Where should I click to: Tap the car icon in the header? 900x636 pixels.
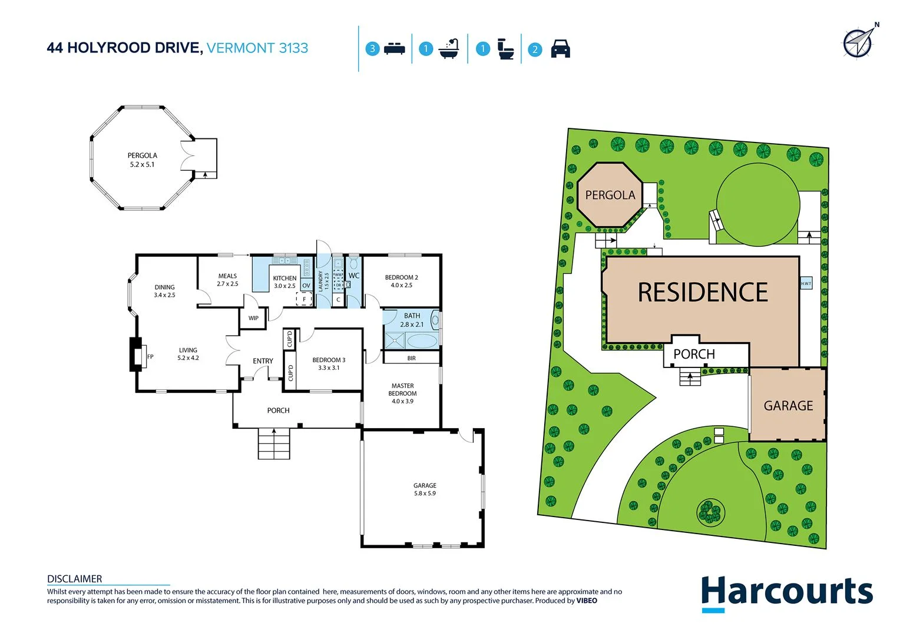click(x=560, y=49)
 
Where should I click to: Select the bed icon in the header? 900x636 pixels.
click(x=394, y=49)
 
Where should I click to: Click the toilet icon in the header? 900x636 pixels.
click(x=505, y=49)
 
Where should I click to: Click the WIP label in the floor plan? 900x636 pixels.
click(x=253, y=318)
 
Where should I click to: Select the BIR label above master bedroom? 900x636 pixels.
click(x=411, y=358)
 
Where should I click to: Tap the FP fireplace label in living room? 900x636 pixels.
click(x=150, y=357)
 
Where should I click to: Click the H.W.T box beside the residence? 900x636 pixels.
click(x=806, y=283)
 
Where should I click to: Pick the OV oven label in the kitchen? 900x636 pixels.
click(x=306, y=286)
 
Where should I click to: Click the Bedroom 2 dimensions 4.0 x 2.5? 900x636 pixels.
click(x=401, y=285)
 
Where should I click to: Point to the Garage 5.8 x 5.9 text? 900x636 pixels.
click(x=425, y=493)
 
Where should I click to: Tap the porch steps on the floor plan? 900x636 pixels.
click(x=274, y=443)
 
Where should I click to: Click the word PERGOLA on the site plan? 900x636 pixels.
click(x=610, y=195)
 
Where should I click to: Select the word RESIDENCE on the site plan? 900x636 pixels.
click(x=703, y=293)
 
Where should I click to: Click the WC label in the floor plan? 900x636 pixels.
click(x=353, y=276)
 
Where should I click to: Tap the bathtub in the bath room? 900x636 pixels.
click(x=421, y=341)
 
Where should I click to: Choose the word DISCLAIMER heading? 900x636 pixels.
click(x=74, y=579)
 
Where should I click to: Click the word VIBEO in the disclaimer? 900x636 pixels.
click(x=586, y=601)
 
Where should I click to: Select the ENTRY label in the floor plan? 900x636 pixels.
click(x=263, y=361)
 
